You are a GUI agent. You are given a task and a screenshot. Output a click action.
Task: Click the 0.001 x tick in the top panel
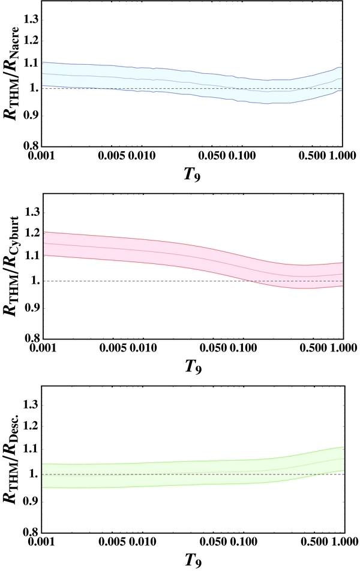point(43,157)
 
